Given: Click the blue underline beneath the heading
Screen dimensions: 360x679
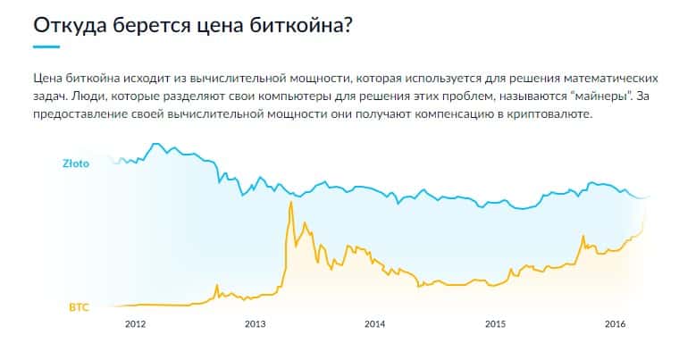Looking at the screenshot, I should [x=46, y=46].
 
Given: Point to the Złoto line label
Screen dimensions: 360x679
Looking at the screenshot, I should [x=75, y=164].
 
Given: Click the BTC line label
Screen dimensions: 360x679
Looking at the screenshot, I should [x=80, y=306].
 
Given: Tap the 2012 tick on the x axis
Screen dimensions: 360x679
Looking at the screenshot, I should [x=136, y=323].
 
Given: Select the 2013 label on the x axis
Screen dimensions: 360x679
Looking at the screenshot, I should [x=256, y=323].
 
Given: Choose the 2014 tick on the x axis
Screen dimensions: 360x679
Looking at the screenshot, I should [x=375, y=323].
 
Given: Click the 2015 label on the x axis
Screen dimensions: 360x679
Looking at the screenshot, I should [x=495, y=323].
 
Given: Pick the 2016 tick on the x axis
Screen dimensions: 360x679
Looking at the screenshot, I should [x=615, y=323].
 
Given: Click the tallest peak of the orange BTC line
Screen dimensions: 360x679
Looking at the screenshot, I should [x=290, y=204].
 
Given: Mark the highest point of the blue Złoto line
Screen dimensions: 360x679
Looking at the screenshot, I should [x=157, y=144].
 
